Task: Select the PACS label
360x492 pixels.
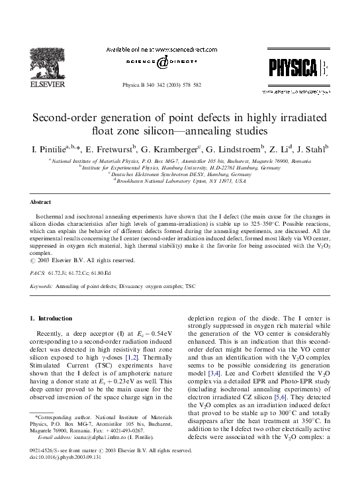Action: pyautogui.click(x=38, y=272)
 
